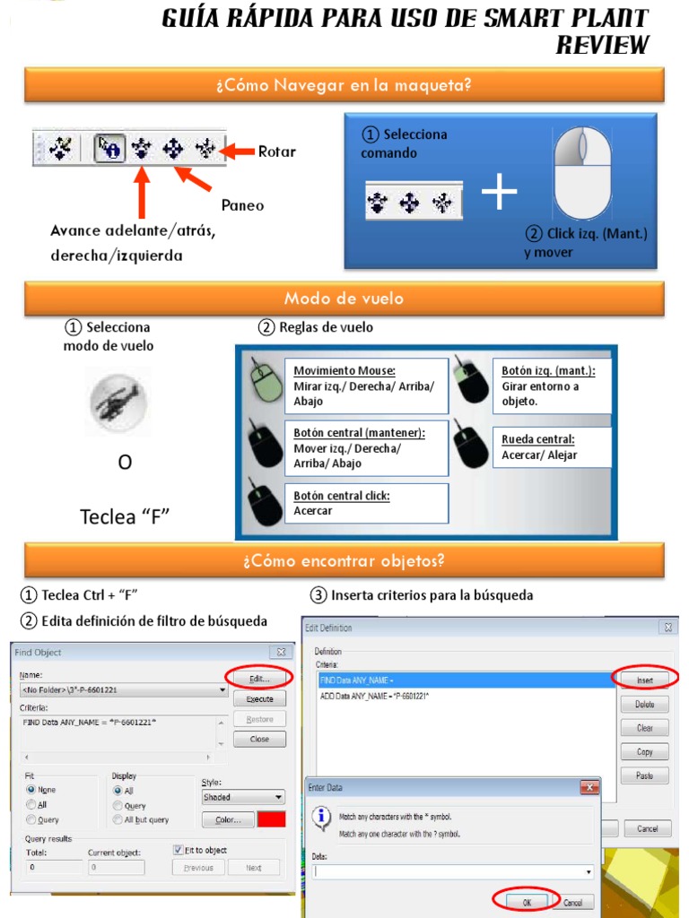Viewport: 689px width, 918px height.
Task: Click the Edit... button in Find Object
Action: click(x=259, y=679)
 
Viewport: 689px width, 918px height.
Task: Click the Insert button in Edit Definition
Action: click(x=644, y=680)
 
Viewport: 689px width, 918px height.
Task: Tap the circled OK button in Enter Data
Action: click(x=527, y=901)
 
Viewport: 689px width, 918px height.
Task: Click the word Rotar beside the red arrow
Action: click(x=276, y=152)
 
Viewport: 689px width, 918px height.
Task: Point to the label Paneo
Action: click(x=242, y=205)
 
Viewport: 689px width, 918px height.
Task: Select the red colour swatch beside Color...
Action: click(x=271, y=819)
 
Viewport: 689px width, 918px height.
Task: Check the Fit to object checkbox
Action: click(x=178, y=850)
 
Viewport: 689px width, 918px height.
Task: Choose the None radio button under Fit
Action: click(x=32, y=790)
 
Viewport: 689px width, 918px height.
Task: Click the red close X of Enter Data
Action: click(x=589, y=787)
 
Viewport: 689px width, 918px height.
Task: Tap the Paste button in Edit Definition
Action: click(x=644, y=775)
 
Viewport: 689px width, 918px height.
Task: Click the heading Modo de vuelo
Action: click(x=344, y=299)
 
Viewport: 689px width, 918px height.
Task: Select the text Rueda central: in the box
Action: click(x=538, y=439)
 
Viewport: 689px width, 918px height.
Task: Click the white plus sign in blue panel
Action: click(x=499, y=194)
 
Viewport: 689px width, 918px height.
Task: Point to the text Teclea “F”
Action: click(x=125, y=516)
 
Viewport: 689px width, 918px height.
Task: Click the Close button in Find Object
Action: click(x=259, y=740)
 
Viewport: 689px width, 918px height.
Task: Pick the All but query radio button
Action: click(x=118, y=819)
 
